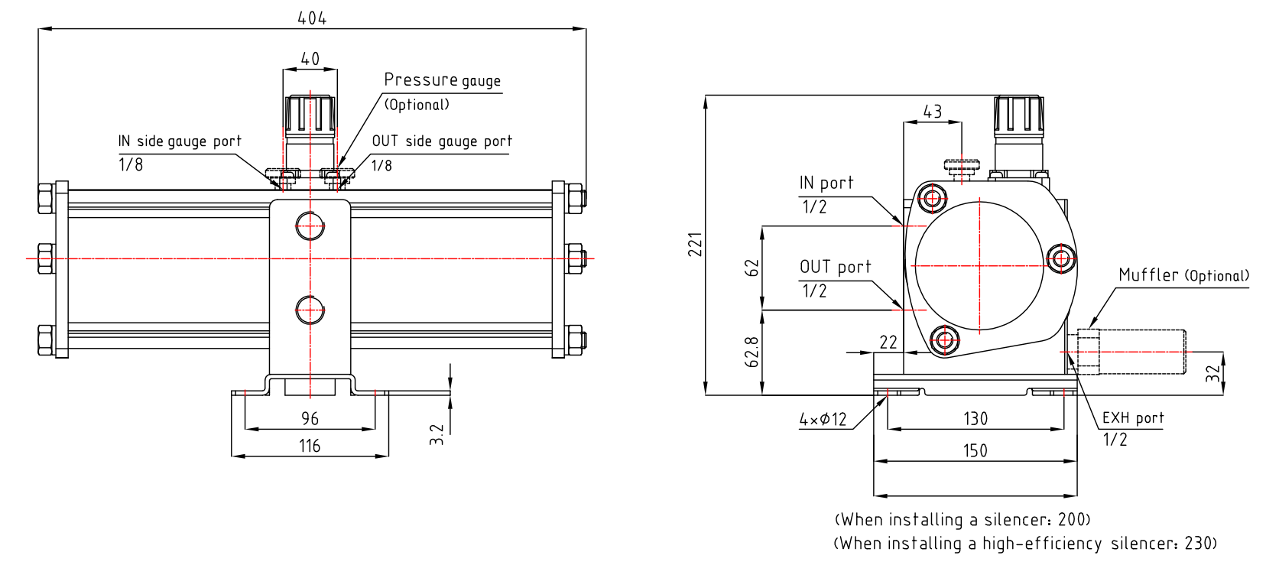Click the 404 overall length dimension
312,18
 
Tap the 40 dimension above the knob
310,59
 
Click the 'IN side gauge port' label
180,141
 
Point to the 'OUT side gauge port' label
442,141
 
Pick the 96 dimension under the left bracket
310,418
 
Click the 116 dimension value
310,446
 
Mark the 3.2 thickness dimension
437,434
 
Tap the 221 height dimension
695,244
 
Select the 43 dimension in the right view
933,112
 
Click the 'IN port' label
826,183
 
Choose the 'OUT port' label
836,267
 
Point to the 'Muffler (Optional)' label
1183,275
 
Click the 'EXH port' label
1133,418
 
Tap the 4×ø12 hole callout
823,419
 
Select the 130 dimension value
975,418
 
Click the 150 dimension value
975,450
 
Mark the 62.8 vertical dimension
753,352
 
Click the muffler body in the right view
1140,352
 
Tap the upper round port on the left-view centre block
310,226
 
